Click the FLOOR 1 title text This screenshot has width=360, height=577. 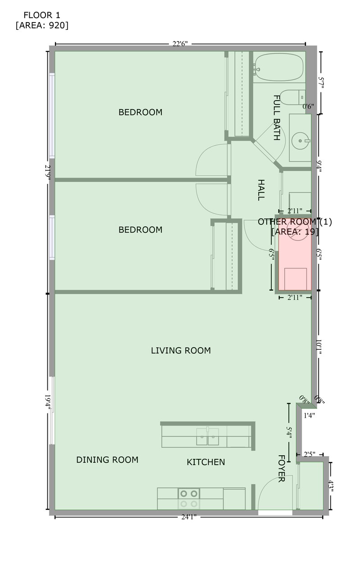pyautogui.click(x=41, y=15)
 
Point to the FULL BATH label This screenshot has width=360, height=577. pyautogui.click(x=277, y=117)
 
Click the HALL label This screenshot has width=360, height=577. pyautogui.click(x=260, y=190)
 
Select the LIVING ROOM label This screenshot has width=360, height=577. pyautogui.click(x=181, y=350)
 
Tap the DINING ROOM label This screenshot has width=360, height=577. pyautogui.click(x=107, y=460)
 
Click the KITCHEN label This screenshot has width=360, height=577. pyautogui.click(x=206, y=462)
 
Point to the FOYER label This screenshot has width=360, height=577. pyautogui.click(x=281, y=468)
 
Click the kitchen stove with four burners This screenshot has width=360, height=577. pyautogui.click(x=189, y=499)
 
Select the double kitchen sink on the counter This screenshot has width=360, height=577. pyautogui.click(x=208, y=437)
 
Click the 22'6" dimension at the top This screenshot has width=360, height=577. pyautogui.click(x=180, y=44)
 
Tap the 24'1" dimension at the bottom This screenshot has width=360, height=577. pyautogui.click(x=189, y=517)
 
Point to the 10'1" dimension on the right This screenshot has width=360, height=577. pyautogui.click(x=319, y=348)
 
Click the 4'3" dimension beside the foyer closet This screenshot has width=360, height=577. pyautogui.click(x=331, y=488)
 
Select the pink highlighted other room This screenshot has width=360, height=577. pyautogui.click(x=295, y=261)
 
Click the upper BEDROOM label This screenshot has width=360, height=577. pyautogui.click(x=140, y=112)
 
